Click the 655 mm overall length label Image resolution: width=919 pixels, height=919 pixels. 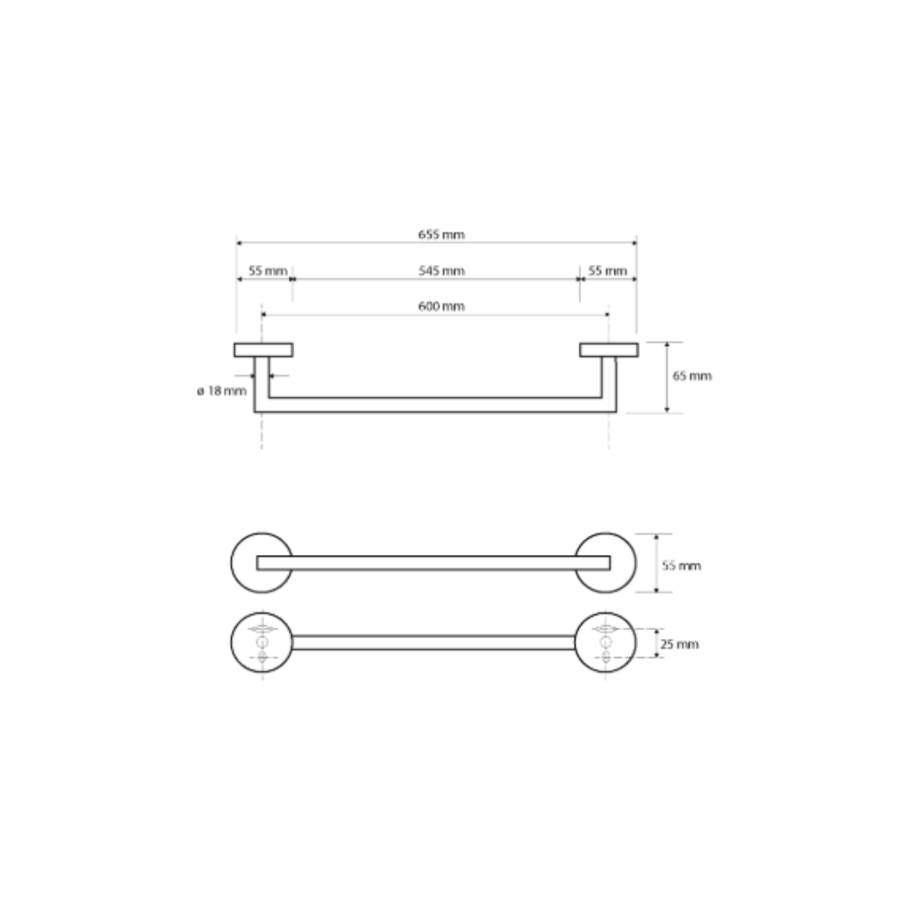[441, 235]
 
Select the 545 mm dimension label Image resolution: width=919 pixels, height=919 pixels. [441, 270]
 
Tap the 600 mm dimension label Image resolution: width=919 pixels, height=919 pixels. [441, 306]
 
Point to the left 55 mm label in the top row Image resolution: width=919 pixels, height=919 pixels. [268, 270]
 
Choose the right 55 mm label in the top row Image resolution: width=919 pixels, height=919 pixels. [607, 270]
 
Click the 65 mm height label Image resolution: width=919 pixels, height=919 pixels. [692, 376]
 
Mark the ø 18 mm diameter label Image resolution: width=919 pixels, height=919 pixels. [221, 391]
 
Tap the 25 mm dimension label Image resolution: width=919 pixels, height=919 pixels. [680, 645]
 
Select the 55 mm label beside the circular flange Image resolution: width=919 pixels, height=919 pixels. [682, 566]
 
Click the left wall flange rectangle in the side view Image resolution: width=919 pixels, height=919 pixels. [263, 350]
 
